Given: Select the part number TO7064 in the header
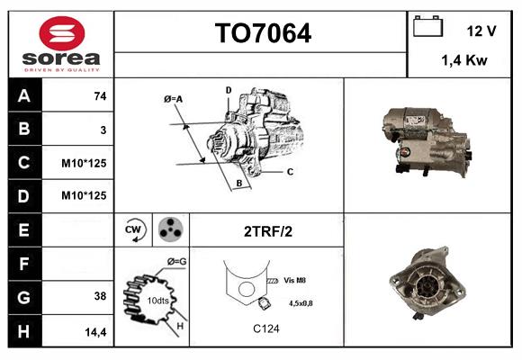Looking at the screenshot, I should [x=262, y=33].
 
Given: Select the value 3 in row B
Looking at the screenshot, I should [x=103, y=130].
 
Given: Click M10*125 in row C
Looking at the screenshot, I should [x=84, y=163].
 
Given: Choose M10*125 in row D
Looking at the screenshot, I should [x=84, y=195].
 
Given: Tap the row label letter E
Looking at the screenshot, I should [x=23, y=229].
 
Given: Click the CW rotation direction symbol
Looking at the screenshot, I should [x=134, y=229].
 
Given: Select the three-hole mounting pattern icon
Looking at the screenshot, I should [x=169, y=229].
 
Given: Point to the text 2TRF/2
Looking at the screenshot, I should [x=267, y=231].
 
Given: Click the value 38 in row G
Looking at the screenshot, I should [x=100, y=296].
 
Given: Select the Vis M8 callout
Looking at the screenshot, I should [x=294, y=280].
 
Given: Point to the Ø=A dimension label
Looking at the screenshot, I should [x=173, y=98].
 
